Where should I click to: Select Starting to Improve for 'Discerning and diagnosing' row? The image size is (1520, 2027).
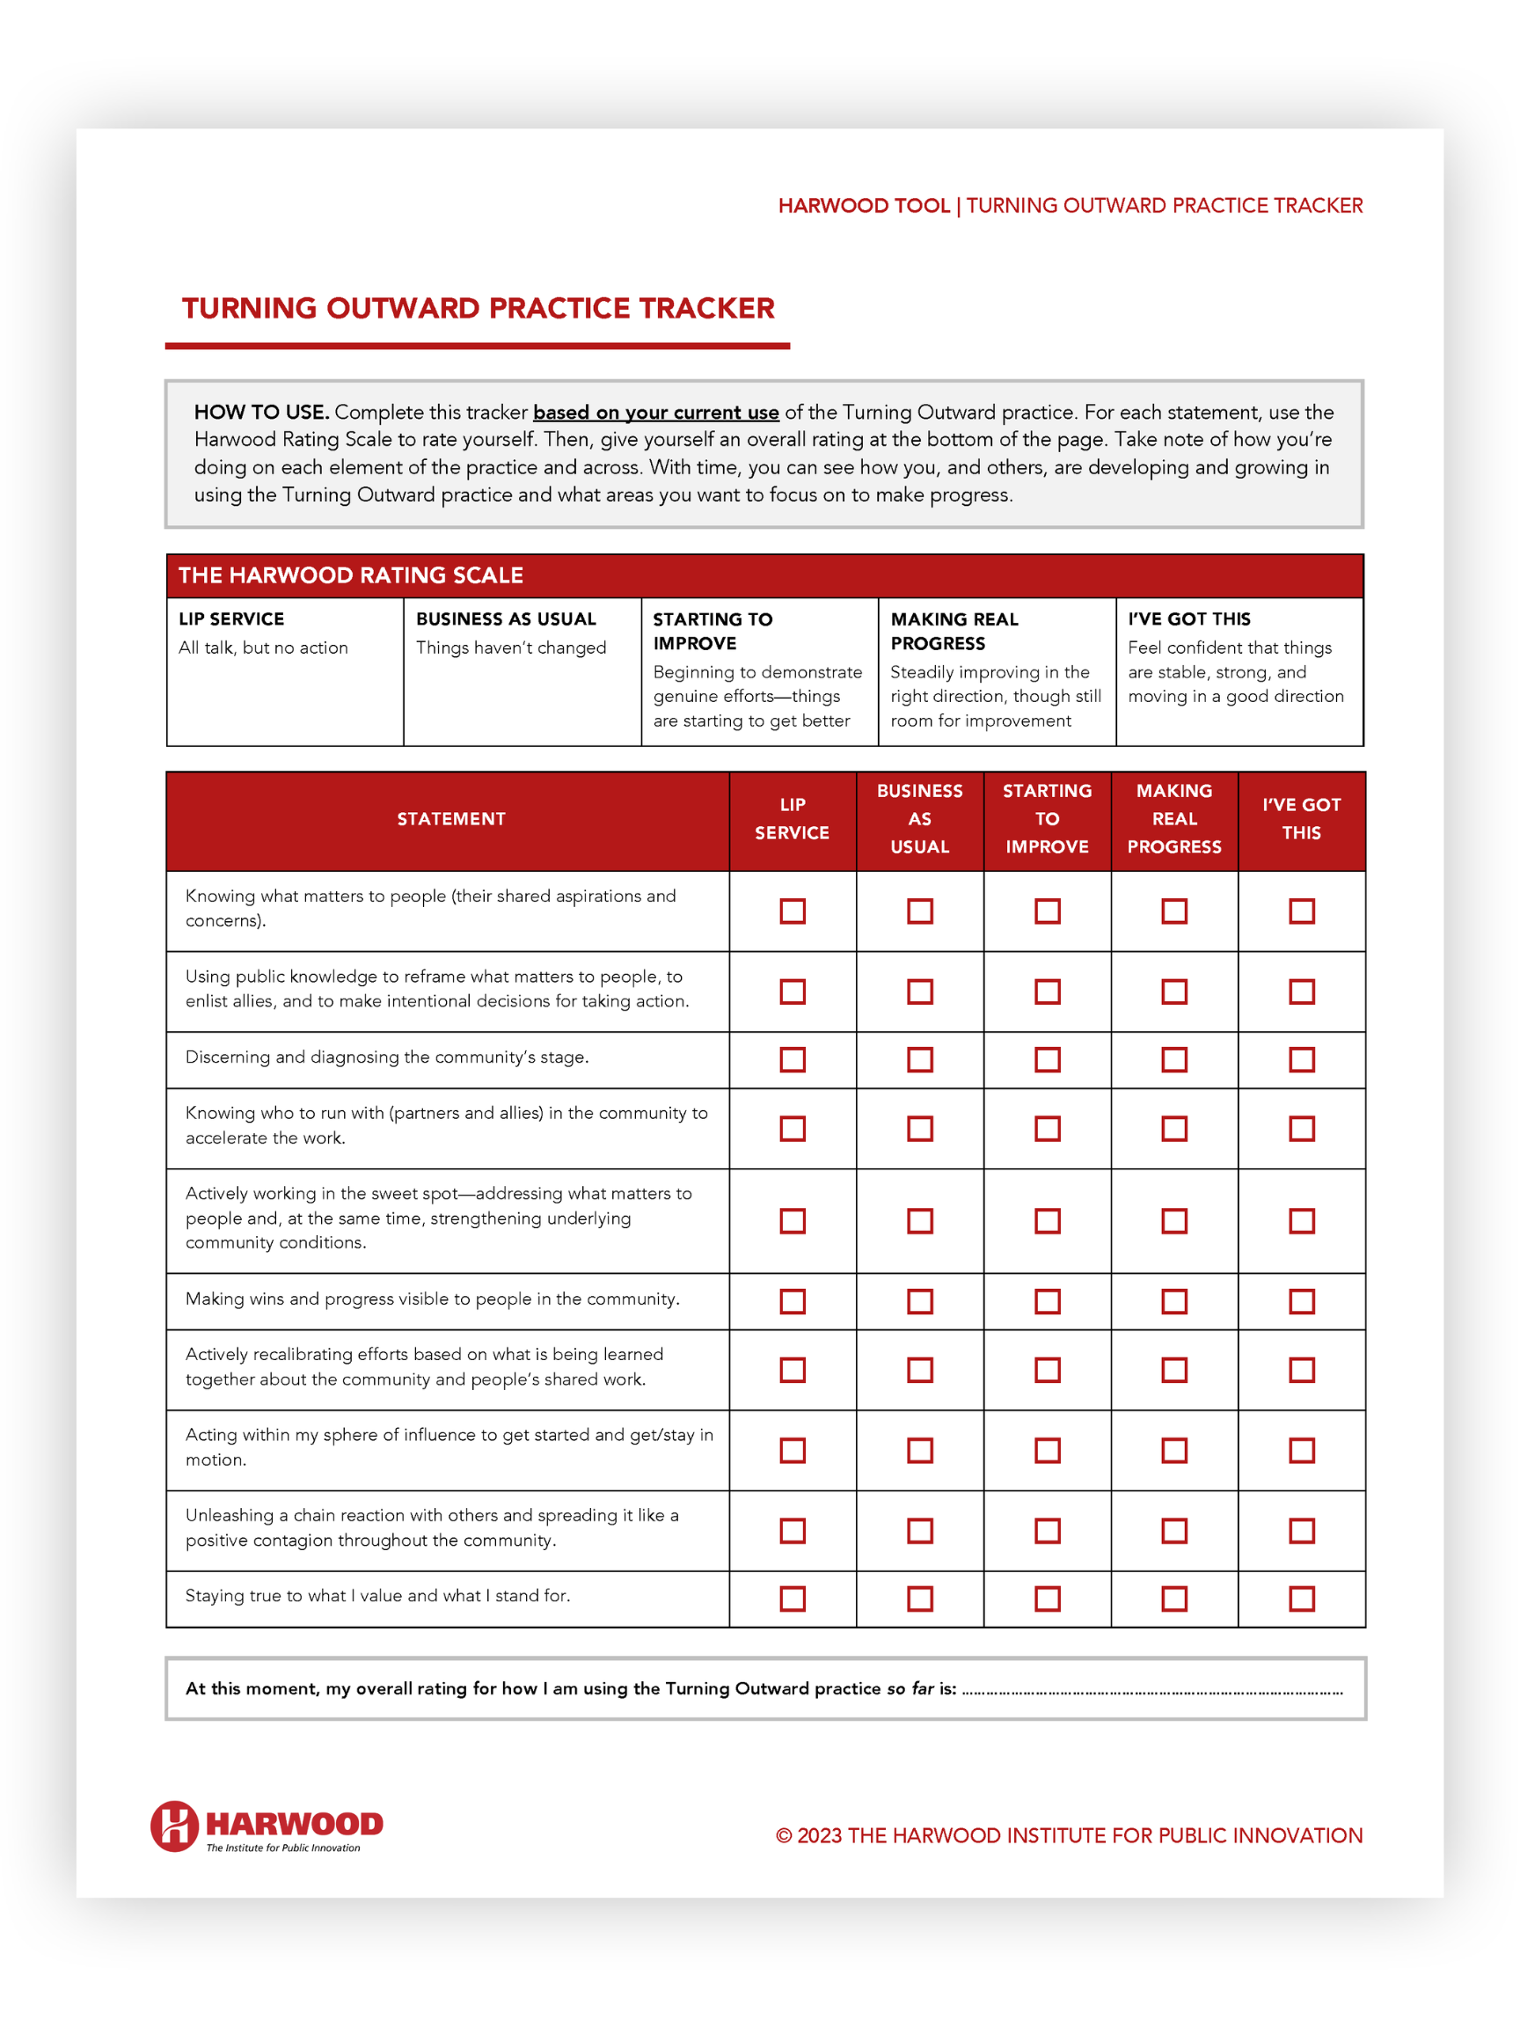click(x=1048, y=1060)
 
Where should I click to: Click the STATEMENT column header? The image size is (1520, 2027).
click(x=450, y=819)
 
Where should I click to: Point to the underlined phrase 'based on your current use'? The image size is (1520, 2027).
click(x=656, y=413)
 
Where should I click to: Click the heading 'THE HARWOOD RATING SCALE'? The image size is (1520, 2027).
click(x=351, y=575)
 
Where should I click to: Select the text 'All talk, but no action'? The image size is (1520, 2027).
click(x=263, y=648)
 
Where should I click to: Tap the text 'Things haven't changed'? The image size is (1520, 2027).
click(x=511, y=648)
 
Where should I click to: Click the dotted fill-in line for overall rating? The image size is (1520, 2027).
click(x=1151, y=1693)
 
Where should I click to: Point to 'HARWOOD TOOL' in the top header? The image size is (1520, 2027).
click(x=863, y=205)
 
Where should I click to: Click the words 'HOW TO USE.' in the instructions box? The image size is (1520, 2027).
click(x=261, y=413)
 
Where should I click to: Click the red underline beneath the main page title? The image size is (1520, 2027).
click(x=478, y=347)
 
